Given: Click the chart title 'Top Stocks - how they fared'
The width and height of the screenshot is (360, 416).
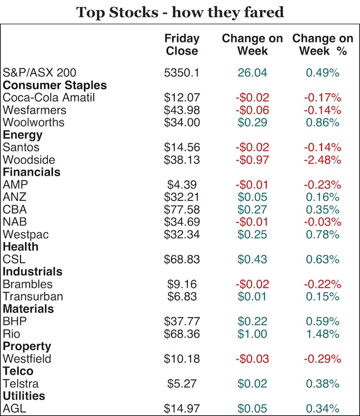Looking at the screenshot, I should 179,11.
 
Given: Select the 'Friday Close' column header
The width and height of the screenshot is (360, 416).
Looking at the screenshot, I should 181,44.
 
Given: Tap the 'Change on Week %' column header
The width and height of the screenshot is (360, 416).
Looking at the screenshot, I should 323,44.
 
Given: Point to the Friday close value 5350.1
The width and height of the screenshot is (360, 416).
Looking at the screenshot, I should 181,73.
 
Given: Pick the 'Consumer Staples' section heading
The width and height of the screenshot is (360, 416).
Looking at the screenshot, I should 55,85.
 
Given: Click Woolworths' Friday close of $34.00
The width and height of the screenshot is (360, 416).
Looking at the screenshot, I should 181,122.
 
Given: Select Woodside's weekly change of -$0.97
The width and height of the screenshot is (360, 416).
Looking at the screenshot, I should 253,159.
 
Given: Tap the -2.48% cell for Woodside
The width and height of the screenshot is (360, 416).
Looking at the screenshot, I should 323,159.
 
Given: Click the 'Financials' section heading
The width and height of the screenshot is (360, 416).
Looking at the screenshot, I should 32,172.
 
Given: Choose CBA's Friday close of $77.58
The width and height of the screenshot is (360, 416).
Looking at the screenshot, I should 181,209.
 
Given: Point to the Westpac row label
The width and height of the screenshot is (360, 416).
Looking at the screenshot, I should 26,234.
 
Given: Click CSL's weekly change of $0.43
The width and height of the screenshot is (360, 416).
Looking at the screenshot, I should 253,259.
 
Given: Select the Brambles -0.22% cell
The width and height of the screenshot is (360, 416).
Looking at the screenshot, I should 323,284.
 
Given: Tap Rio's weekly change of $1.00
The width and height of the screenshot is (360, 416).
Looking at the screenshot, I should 253,333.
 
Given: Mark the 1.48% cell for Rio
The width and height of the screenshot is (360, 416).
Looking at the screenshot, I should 323,333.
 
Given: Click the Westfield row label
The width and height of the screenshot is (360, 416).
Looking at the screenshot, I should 27,358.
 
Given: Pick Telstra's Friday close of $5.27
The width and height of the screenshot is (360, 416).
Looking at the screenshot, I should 181,384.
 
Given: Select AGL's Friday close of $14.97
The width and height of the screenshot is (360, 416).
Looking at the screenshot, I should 181,409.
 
